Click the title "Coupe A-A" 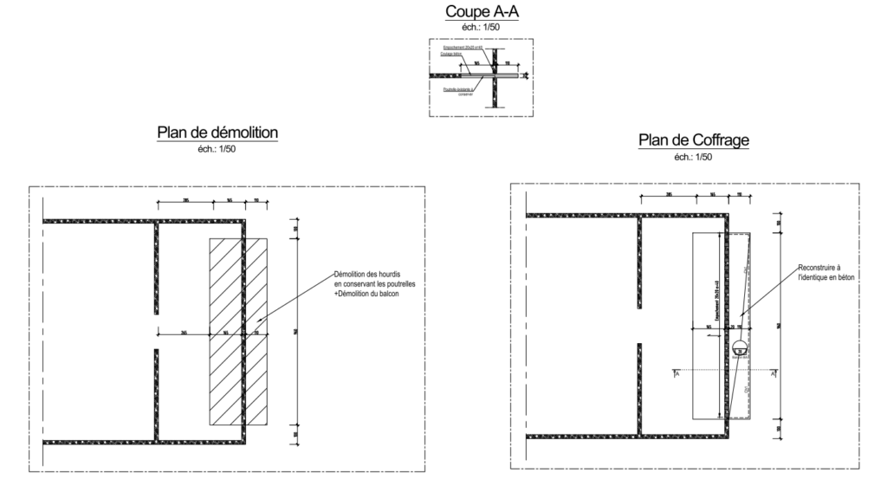pyautogui.click(x=476, y=12)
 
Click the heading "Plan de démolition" pyautogui.click(x=217, y=133)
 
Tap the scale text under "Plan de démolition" pyautogui.click(x=217, y=150)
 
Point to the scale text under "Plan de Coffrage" pyautogui.click(x=693, y=157)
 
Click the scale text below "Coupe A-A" pyautogui.click(x=476, y=28)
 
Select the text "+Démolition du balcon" pyautogui.click(x=370, y=294)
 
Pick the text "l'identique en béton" pyautogui.click(x=826, y=277)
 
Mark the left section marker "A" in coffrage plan pyautogui.click(x=676, y=374)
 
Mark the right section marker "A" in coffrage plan pyautogui.click(x=774, y=374)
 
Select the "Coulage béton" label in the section pyautogui.click(x=453, y=54)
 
